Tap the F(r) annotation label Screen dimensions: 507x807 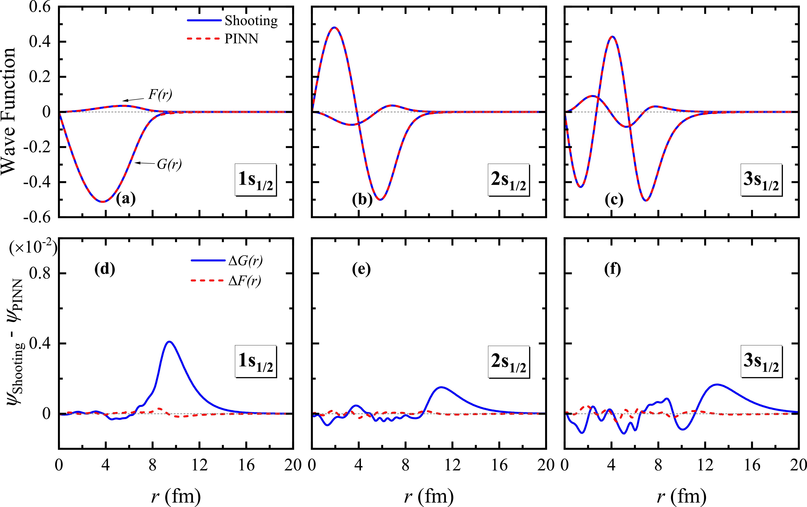[x=160, y=95]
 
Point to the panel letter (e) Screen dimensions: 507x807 [x=361, y=269]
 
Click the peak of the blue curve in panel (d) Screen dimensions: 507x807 [x=170, y=342]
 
